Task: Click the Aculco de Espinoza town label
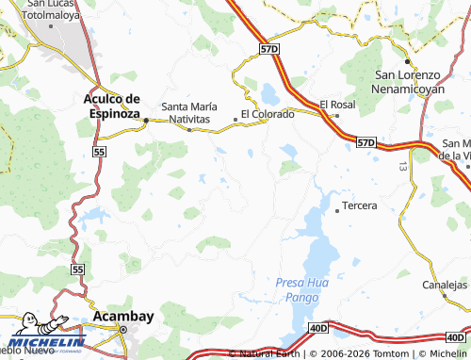click(x=111, y=105)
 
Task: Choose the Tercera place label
click(x=360, y=205)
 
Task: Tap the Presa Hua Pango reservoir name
click(x=304, y=288)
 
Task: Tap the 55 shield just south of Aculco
click(x=101, y=151)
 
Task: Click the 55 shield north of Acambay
click(x=77, y=270)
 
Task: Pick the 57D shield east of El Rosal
click(x=366, y=142)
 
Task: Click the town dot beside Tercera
click(x=337, y=210)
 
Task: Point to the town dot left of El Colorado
click(x=235, y=119)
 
